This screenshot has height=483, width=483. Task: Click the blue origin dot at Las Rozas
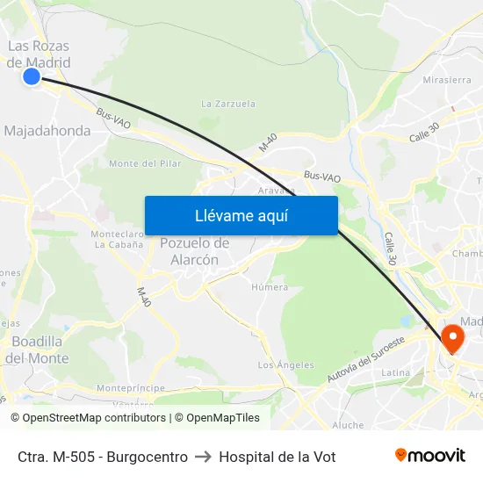pyautogui.click(x=32, y=76)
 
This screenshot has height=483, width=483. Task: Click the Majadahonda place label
pyautogui.click(x=47, y=131)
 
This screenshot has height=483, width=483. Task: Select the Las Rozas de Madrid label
pyautogui.click(x=39, y=54)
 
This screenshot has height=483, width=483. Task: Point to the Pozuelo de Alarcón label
pyautogui.click(x=195, y=250)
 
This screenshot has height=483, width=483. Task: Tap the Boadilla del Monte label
pyautogui.click(x=36, y=350)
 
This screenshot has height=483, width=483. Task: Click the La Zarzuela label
pyautogui.click(x=228, y=104)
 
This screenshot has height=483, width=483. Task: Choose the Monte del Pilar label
pyautogui.click(x=145, y=163)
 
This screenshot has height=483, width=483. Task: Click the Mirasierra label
pyautogui.click(x=447, y=79)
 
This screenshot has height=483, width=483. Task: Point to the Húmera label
pyautogui.click(x=270, y=287)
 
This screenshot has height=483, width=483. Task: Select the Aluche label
pyautogui.click(x=348, y=425)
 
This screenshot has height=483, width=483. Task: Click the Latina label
pyautogui.click(x=396, y=373)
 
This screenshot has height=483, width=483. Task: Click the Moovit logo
pyautogui.click(x=429, y=455)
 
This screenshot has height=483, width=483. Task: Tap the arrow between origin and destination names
pyautogui.click(x=203, y=457)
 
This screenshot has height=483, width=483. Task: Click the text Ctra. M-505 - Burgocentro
pyautogui.click(x=102, y=457)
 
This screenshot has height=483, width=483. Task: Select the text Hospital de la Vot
pyautogui.click(x=277, y=457)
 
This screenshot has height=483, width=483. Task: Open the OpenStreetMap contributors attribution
pyautogui.click(x=95, y=418)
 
